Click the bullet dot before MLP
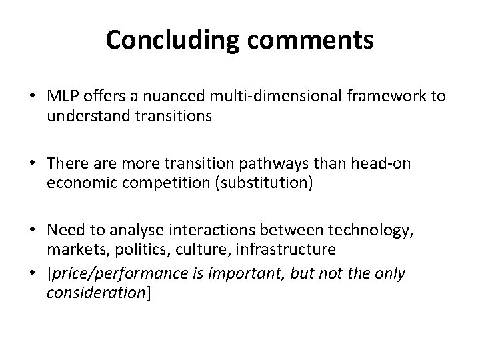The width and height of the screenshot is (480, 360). tap(31, 97)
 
